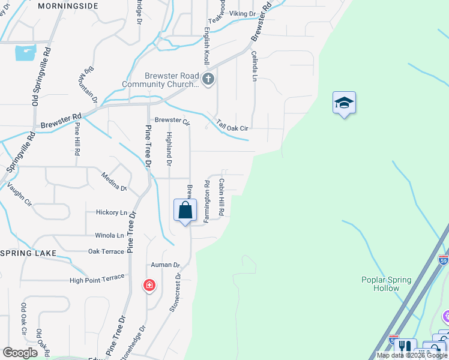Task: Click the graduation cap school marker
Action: [x=344, y=103]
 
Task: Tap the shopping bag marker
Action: [x=185, y=211]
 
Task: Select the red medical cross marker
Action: [x=149, y=285]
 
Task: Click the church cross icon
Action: [x=208, y=79]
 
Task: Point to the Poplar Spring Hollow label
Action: [x=386, y=284]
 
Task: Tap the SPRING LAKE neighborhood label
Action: [x=28, y=253]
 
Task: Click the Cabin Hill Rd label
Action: [x=221, y=197]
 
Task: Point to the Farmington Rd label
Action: [x=206, y=202]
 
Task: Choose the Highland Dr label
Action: [x=169, y=149]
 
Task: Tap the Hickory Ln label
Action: [x=112, y=212]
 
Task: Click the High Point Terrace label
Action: [x=97, y=278]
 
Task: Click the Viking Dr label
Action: [x=242, y=13]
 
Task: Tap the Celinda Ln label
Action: [x=254, y=67]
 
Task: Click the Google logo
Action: [x=20, y=353]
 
